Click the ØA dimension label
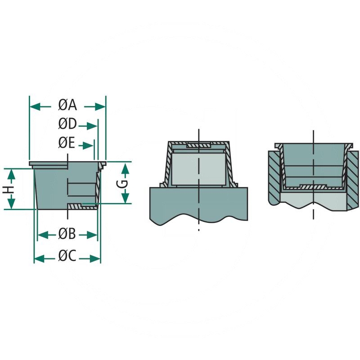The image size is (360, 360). (x=67, y=106)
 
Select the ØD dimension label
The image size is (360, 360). (x=67, y=124)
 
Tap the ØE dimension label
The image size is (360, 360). (x=67, y=143)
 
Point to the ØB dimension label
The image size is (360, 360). (x=67, y=234)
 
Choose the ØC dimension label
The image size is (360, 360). (x=67, y=256)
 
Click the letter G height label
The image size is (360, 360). (x=124, y=184)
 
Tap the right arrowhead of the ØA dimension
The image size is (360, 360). (x=100, y=107)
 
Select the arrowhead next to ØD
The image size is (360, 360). (x=92, y=126)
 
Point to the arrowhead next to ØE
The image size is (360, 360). (x=88, y=145)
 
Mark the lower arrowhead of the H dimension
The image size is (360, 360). (x=11, y=204)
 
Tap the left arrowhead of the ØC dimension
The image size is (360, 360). (x=40, y=258)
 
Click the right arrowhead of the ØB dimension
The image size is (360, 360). (x=92, y=235)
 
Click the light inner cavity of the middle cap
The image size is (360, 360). (x=198, y=169)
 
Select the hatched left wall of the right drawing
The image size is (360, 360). (x=274, y=178)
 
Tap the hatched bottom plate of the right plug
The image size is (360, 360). (x=313, y=187)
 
